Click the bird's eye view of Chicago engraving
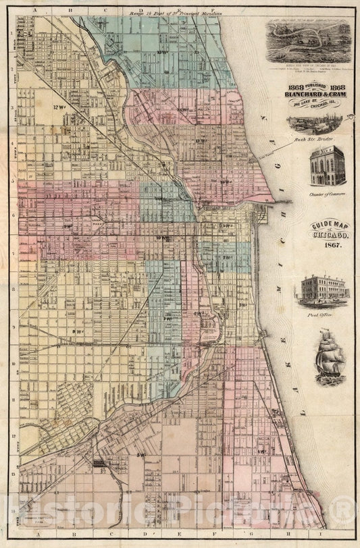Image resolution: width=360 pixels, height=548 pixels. click(309, 41)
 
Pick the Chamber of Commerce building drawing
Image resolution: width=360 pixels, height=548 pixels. click(328, 166)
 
